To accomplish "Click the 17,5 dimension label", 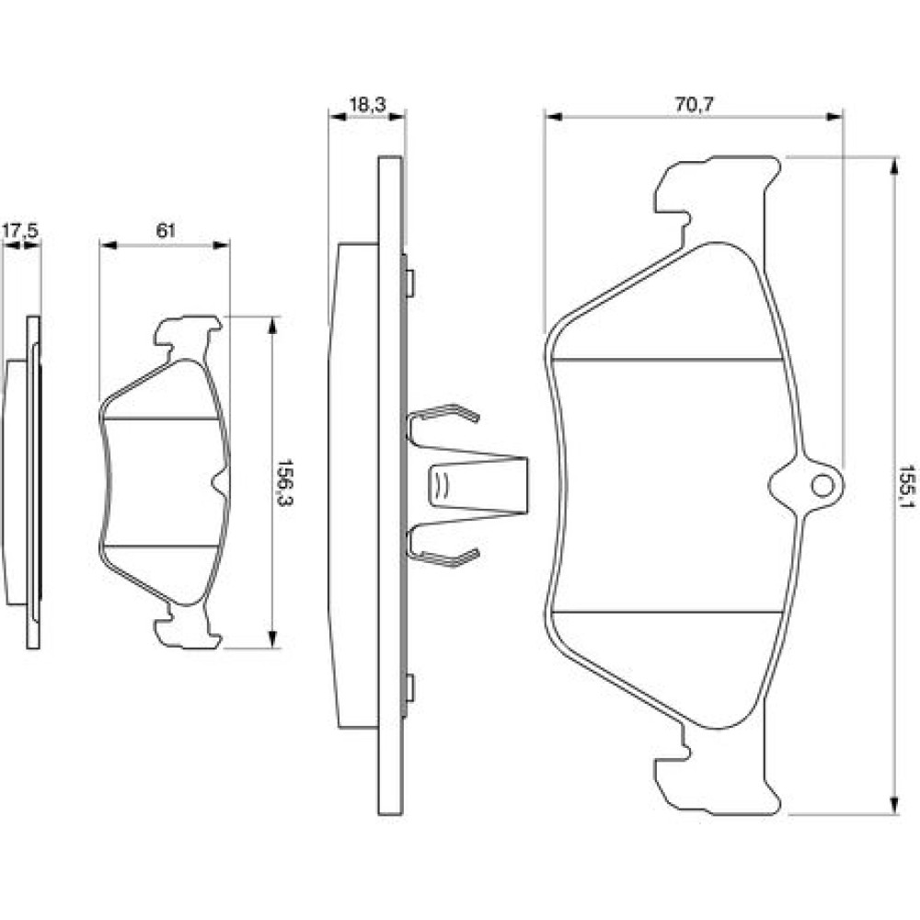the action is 20,231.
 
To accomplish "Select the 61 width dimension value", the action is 166,231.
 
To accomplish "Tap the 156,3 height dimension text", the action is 286,482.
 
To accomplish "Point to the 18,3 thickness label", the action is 367,105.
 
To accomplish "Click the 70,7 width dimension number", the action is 694,105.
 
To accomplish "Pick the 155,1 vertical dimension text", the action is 907,487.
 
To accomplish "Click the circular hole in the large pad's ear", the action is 822,486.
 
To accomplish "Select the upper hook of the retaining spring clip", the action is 444,414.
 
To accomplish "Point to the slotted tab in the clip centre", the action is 440,486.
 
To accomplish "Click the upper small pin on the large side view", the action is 410,282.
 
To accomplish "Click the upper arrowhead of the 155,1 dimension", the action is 893,167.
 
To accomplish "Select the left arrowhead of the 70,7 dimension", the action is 554,116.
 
